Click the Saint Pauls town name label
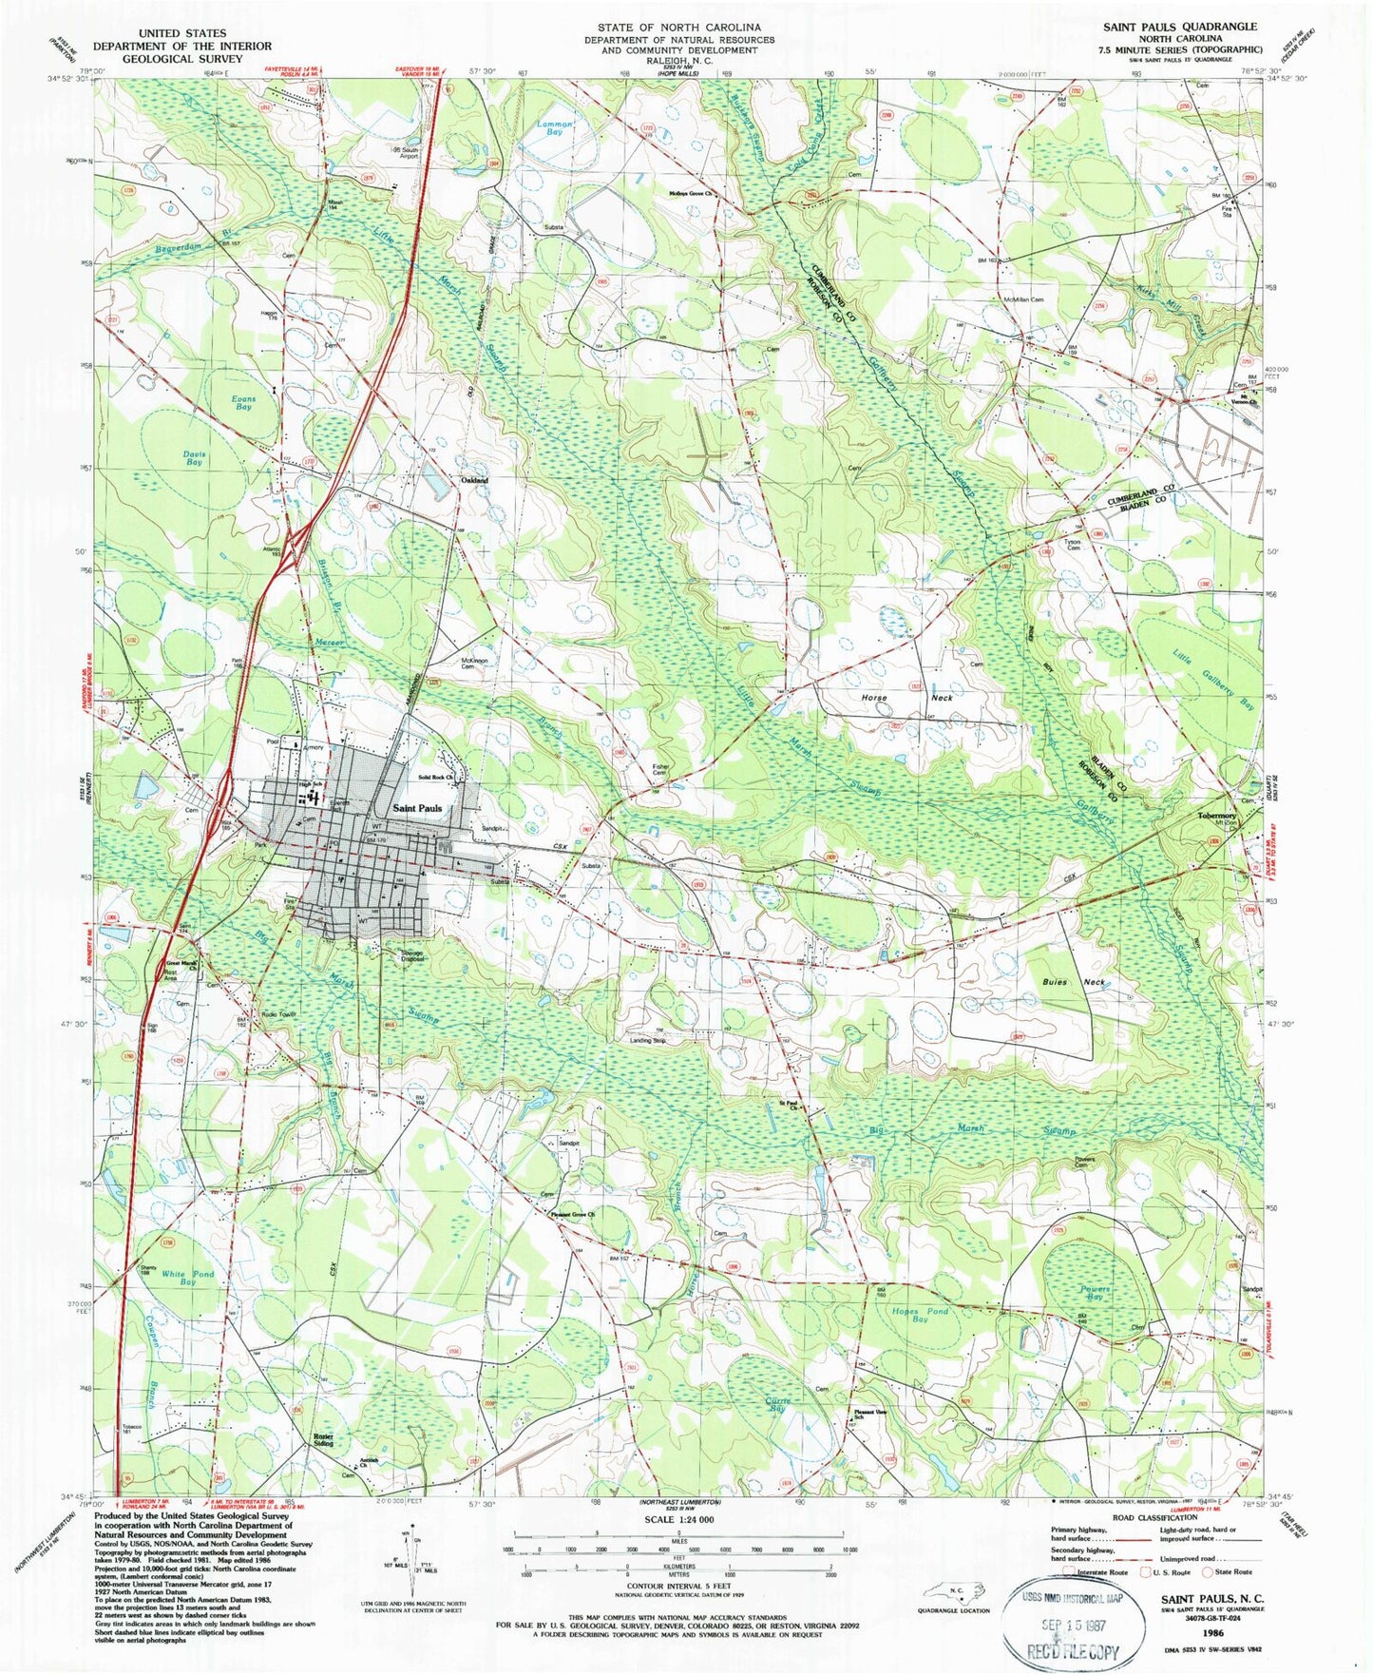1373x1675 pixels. (417, 808)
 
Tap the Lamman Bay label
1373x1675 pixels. (555, 128)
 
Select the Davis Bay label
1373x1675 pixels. (194, 459)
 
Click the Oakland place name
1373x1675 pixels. (474, 481)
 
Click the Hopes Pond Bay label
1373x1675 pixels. (920, 1316)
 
